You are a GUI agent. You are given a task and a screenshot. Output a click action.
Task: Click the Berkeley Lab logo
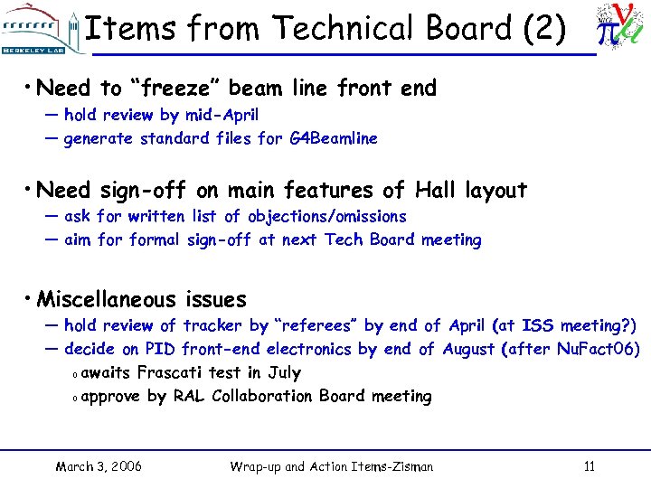click(41, 29)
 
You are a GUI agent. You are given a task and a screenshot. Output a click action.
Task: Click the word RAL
click(189, 396)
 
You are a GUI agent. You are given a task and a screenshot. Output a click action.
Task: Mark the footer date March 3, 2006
click(99, 466)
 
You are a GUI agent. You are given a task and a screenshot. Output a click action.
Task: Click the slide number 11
click(590, 466)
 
